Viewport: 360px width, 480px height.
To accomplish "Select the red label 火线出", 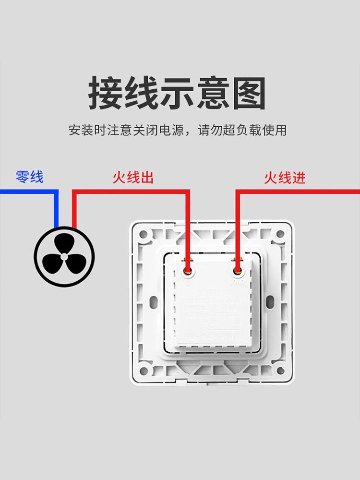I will [x=133, y=178].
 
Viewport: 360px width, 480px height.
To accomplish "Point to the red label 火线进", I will [x=285, y=178].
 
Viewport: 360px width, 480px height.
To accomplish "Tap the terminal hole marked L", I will [x=188, y=272].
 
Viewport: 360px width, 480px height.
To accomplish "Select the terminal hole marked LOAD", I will [x=237, y=272].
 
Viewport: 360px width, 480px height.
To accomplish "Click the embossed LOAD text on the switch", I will [x=238, y=283].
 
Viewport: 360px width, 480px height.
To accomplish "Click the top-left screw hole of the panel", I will [x=144, y=235].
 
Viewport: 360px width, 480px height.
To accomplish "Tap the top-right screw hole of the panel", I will [x=279, y=235].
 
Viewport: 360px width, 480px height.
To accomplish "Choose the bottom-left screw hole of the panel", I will [x=144, y=370].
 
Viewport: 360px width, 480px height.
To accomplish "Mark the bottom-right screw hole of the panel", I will [x=279, y=370].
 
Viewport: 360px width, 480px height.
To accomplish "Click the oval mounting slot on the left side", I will [x=155, y=303].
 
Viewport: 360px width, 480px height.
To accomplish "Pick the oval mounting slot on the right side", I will [x=269, y=303].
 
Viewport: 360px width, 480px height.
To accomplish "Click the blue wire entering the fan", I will [x=56, y=211].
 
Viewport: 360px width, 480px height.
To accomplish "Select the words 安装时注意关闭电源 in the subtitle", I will [x=126, y=130].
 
